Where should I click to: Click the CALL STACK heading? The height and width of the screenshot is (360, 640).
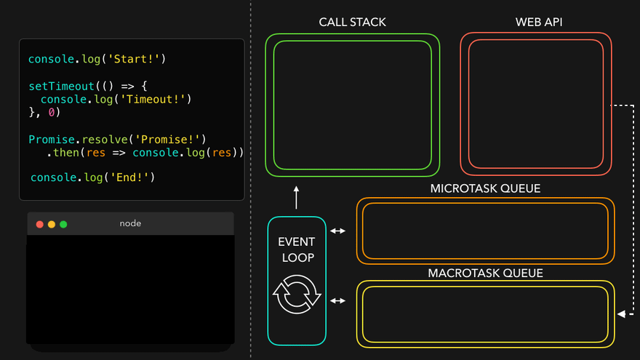point(352,23)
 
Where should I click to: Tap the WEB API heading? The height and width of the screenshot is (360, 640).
point(539,23)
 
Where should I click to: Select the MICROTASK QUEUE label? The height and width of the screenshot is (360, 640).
point(485,188)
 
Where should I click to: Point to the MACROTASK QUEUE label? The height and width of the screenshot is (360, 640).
point(485,273)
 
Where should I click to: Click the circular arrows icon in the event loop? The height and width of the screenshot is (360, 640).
point(297,294)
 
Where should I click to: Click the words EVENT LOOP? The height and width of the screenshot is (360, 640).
point(297,249)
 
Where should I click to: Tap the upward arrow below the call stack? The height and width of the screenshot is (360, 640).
point(297,197)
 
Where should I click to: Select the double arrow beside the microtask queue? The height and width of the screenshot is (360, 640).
point(338,231)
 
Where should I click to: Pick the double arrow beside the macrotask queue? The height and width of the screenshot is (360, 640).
point(338,300)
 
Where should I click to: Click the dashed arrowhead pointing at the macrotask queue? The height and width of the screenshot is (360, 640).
point(621,314)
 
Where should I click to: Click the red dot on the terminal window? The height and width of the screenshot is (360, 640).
point(40,224)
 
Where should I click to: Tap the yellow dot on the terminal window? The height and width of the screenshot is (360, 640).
point(52,224)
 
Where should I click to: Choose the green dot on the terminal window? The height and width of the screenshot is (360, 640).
point(63,224)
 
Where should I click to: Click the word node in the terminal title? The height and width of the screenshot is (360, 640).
point(130,223)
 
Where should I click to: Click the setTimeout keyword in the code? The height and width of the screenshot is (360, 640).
point(61,86)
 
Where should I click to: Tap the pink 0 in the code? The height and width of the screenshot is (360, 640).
point(52,113)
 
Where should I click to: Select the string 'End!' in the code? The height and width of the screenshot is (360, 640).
point(129,177)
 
